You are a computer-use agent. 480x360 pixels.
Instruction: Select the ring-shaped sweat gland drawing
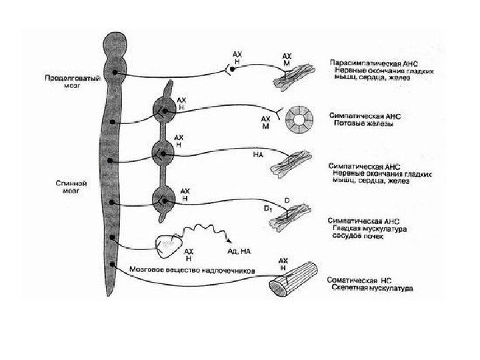click(x=299, y=119)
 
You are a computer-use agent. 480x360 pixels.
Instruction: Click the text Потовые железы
click(x=361, y=123)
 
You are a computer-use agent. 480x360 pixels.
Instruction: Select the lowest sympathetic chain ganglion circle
click(x=163, y=199)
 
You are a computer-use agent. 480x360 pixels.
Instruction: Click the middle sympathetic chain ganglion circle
click(x=163, y=155)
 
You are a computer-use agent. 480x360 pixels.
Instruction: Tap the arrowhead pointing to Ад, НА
click(x=230, y=243)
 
